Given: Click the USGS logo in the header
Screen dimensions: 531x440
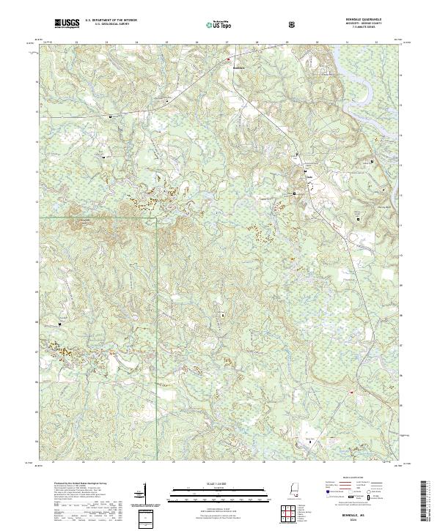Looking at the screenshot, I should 67,23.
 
